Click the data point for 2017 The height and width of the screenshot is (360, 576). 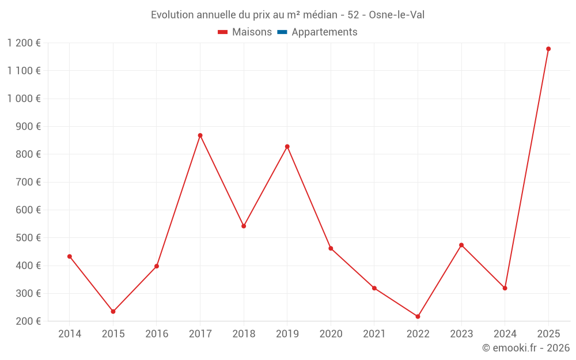200,135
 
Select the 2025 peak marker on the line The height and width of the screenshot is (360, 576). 548,49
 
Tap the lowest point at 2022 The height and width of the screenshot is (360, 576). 418,316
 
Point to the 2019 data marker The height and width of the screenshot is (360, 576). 287,146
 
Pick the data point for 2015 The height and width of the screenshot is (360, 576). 113,312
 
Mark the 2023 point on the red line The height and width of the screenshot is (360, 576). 461,245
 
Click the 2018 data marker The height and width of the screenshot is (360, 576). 244,226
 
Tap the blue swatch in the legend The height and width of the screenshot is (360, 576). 282,32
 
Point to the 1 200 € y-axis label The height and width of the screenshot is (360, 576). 24,43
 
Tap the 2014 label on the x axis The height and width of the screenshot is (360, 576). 70,334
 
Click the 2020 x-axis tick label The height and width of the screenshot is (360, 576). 331,334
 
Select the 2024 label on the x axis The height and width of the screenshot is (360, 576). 505,334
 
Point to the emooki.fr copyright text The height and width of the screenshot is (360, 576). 526,348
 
